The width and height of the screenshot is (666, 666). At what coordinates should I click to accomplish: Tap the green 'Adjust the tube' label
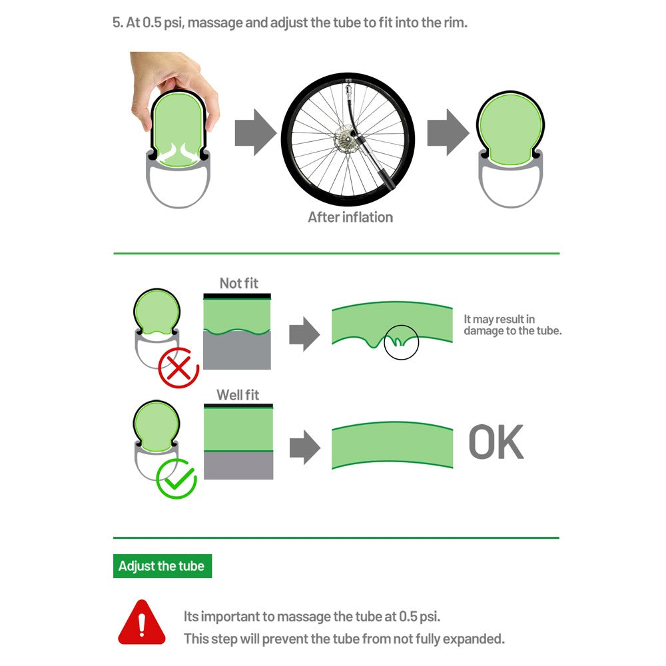coord(162,567)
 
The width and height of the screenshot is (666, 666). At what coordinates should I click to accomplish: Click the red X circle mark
coord(178,367)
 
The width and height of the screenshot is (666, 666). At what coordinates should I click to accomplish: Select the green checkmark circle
coord(176,478)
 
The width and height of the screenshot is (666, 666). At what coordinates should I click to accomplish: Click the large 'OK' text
coord(496,442)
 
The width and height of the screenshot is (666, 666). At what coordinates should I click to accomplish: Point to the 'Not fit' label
coord(238,283)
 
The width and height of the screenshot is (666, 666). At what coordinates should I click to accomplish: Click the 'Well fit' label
coord(238,395)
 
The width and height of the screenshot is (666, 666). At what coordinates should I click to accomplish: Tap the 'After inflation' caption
coord(350,217)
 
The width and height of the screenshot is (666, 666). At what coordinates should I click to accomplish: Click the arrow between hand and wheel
coord(255,133)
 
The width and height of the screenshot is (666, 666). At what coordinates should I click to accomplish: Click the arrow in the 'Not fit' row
coord(304,334)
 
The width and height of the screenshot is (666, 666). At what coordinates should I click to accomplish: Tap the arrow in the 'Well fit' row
coord(304,446)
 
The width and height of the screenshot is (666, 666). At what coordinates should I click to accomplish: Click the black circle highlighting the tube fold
coord(401,342)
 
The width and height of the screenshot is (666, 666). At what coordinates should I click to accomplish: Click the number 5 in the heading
coord(116,22)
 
